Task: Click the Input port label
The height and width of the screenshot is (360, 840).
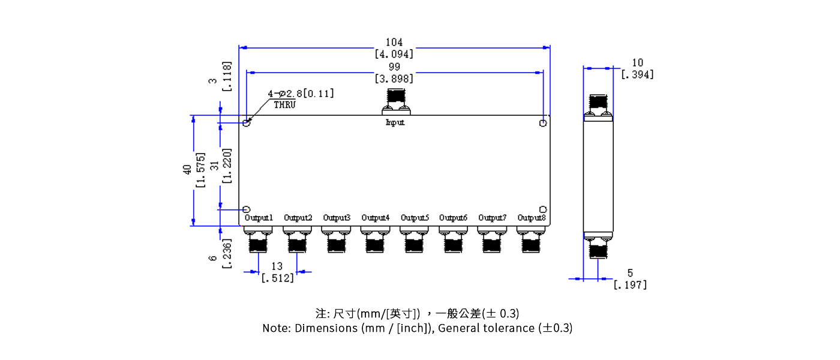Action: [395, 122]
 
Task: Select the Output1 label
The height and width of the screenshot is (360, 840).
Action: [259, 217]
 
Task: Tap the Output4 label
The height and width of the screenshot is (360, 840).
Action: [375, 217]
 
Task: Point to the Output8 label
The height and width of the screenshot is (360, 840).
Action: [532, 217]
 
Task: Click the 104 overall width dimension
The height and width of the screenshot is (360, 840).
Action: [394, 42]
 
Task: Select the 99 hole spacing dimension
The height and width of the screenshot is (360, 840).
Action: [394, 67]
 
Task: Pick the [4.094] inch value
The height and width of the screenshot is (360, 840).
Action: [394, 54]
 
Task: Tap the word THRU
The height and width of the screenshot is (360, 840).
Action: [284, 104]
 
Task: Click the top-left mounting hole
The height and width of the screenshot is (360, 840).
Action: [247, 123]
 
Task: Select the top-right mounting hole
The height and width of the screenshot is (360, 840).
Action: [542, 123]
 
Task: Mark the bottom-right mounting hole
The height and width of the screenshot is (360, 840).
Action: [542, 209]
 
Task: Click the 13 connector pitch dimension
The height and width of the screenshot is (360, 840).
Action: [277, 266]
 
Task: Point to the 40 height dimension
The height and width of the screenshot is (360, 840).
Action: [187, 169]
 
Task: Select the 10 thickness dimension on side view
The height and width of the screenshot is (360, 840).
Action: [637, 62]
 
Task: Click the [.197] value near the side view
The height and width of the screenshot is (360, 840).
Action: [630, 285]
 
